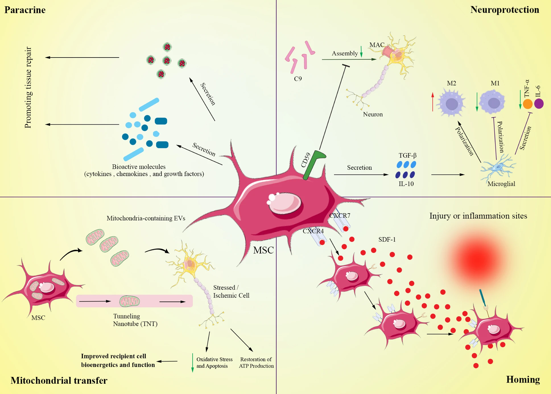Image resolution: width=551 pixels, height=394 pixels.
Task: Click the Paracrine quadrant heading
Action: click(25, 10)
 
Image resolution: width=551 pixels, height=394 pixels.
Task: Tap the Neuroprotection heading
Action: click(505, 10)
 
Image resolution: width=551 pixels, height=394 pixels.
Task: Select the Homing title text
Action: click(523, 379)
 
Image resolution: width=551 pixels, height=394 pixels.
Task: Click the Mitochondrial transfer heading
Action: click(59, 380)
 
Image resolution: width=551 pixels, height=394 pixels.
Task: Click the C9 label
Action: click(298, 79)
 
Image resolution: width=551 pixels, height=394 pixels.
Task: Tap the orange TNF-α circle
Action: click(528, 104)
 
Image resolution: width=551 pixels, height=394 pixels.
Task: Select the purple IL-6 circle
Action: click(539, 104)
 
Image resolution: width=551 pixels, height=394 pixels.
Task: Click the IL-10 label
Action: click(406, 184)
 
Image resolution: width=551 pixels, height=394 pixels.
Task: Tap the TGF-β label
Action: click(407, 155)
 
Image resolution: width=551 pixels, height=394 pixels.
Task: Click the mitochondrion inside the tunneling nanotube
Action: click(129, 301)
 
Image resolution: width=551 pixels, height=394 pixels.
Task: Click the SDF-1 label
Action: click(387, 240)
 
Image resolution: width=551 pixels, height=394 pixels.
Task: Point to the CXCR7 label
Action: click(340, 216)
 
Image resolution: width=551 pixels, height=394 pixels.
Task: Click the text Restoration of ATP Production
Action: click(256, 363)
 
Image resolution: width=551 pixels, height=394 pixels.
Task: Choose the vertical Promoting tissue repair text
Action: click(28, 87)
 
